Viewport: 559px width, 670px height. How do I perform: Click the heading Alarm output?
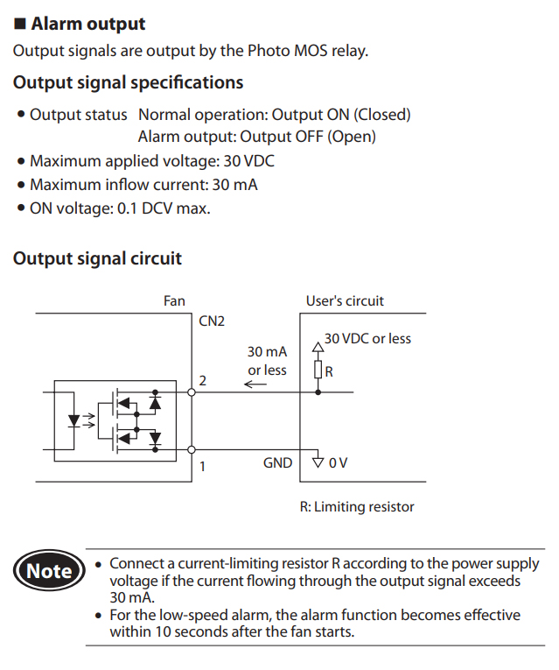pyautogui.click(x=87, y=24)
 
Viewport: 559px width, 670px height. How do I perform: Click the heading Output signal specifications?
pyautogui.click(x=128, y=83)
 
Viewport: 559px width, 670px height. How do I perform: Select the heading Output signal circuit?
pyautogui.click(x=97, y=258)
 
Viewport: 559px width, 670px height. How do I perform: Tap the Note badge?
pyautogui.click(x=49, y=571)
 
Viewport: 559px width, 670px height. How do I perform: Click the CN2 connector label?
pyautogui.click(x=212, y=321)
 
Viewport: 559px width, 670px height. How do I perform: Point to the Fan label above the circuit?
pyautogui.click(x=174, y=300)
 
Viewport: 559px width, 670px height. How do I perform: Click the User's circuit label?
pyautogui.click(x=345, y=300)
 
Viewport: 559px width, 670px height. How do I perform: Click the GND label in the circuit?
pyautogui.click(x=277, y=462)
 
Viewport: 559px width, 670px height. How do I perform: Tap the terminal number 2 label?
pyautogui.click(x=203, y=381)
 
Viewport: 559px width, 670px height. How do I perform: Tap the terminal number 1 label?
pyautogui.click(x=202, y=466)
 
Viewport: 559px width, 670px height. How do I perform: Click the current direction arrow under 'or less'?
pyautogui.click(x=255, y=384)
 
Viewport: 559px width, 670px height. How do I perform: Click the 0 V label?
pyautogui.click(x=338, y=462)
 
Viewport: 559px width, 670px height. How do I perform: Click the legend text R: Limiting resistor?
pyautogui.click(x=357, y=506)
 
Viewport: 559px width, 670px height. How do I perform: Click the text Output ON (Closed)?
pyautogui.click(x=341, y=115)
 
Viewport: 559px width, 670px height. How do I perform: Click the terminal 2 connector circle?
pyautogui.click(x=192, y=392)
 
